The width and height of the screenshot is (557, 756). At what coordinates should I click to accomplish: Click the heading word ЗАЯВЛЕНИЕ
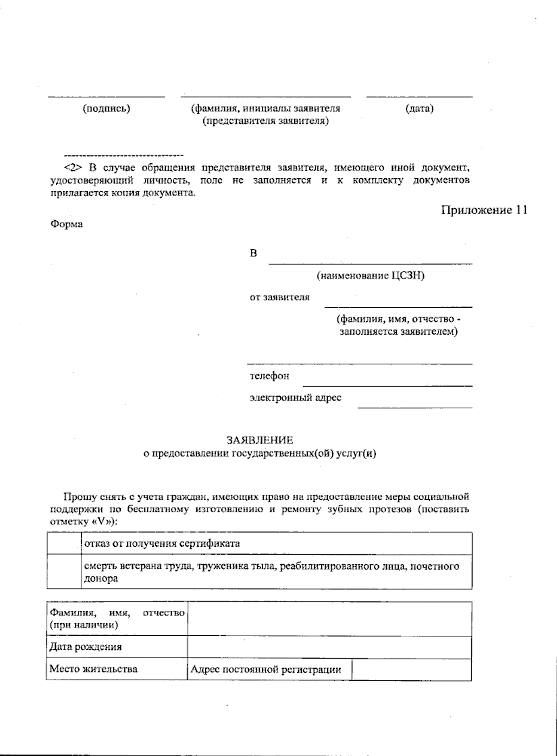click(x=259, y=439)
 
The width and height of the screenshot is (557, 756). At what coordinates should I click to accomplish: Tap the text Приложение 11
click(x=484, y=210)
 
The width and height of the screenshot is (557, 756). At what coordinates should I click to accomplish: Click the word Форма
click(x=66, y=224)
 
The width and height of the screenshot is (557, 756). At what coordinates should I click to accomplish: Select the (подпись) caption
click(x=106, y=109)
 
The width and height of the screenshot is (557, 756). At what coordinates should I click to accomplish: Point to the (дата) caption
click(x=419, y=109)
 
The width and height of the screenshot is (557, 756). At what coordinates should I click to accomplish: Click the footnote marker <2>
click(x=73, y=168)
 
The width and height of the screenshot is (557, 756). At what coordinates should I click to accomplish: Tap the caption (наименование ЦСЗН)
click(x=370, y=276)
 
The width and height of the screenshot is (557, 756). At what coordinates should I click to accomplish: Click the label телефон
click(x=269, y=376)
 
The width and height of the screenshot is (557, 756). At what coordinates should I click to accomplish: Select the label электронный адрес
click(x=295, y=398)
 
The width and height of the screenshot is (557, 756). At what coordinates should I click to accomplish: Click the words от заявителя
click(x=279, y=297)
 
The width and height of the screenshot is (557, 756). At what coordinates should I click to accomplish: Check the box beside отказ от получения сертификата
click(x=64, y=543)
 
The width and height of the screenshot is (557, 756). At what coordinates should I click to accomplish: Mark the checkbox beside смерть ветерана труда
click(x=64, y=572)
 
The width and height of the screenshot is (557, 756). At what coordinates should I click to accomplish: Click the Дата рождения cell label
click(x=86, y=647)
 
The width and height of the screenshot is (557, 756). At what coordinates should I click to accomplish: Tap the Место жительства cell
click(x=93, y=669)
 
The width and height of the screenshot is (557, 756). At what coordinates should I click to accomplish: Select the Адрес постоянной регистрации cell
click(x=266, y=669)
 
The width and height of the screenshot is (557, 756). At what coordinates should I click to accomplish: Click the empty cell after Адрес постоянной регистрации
click(x=411, y=669)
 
